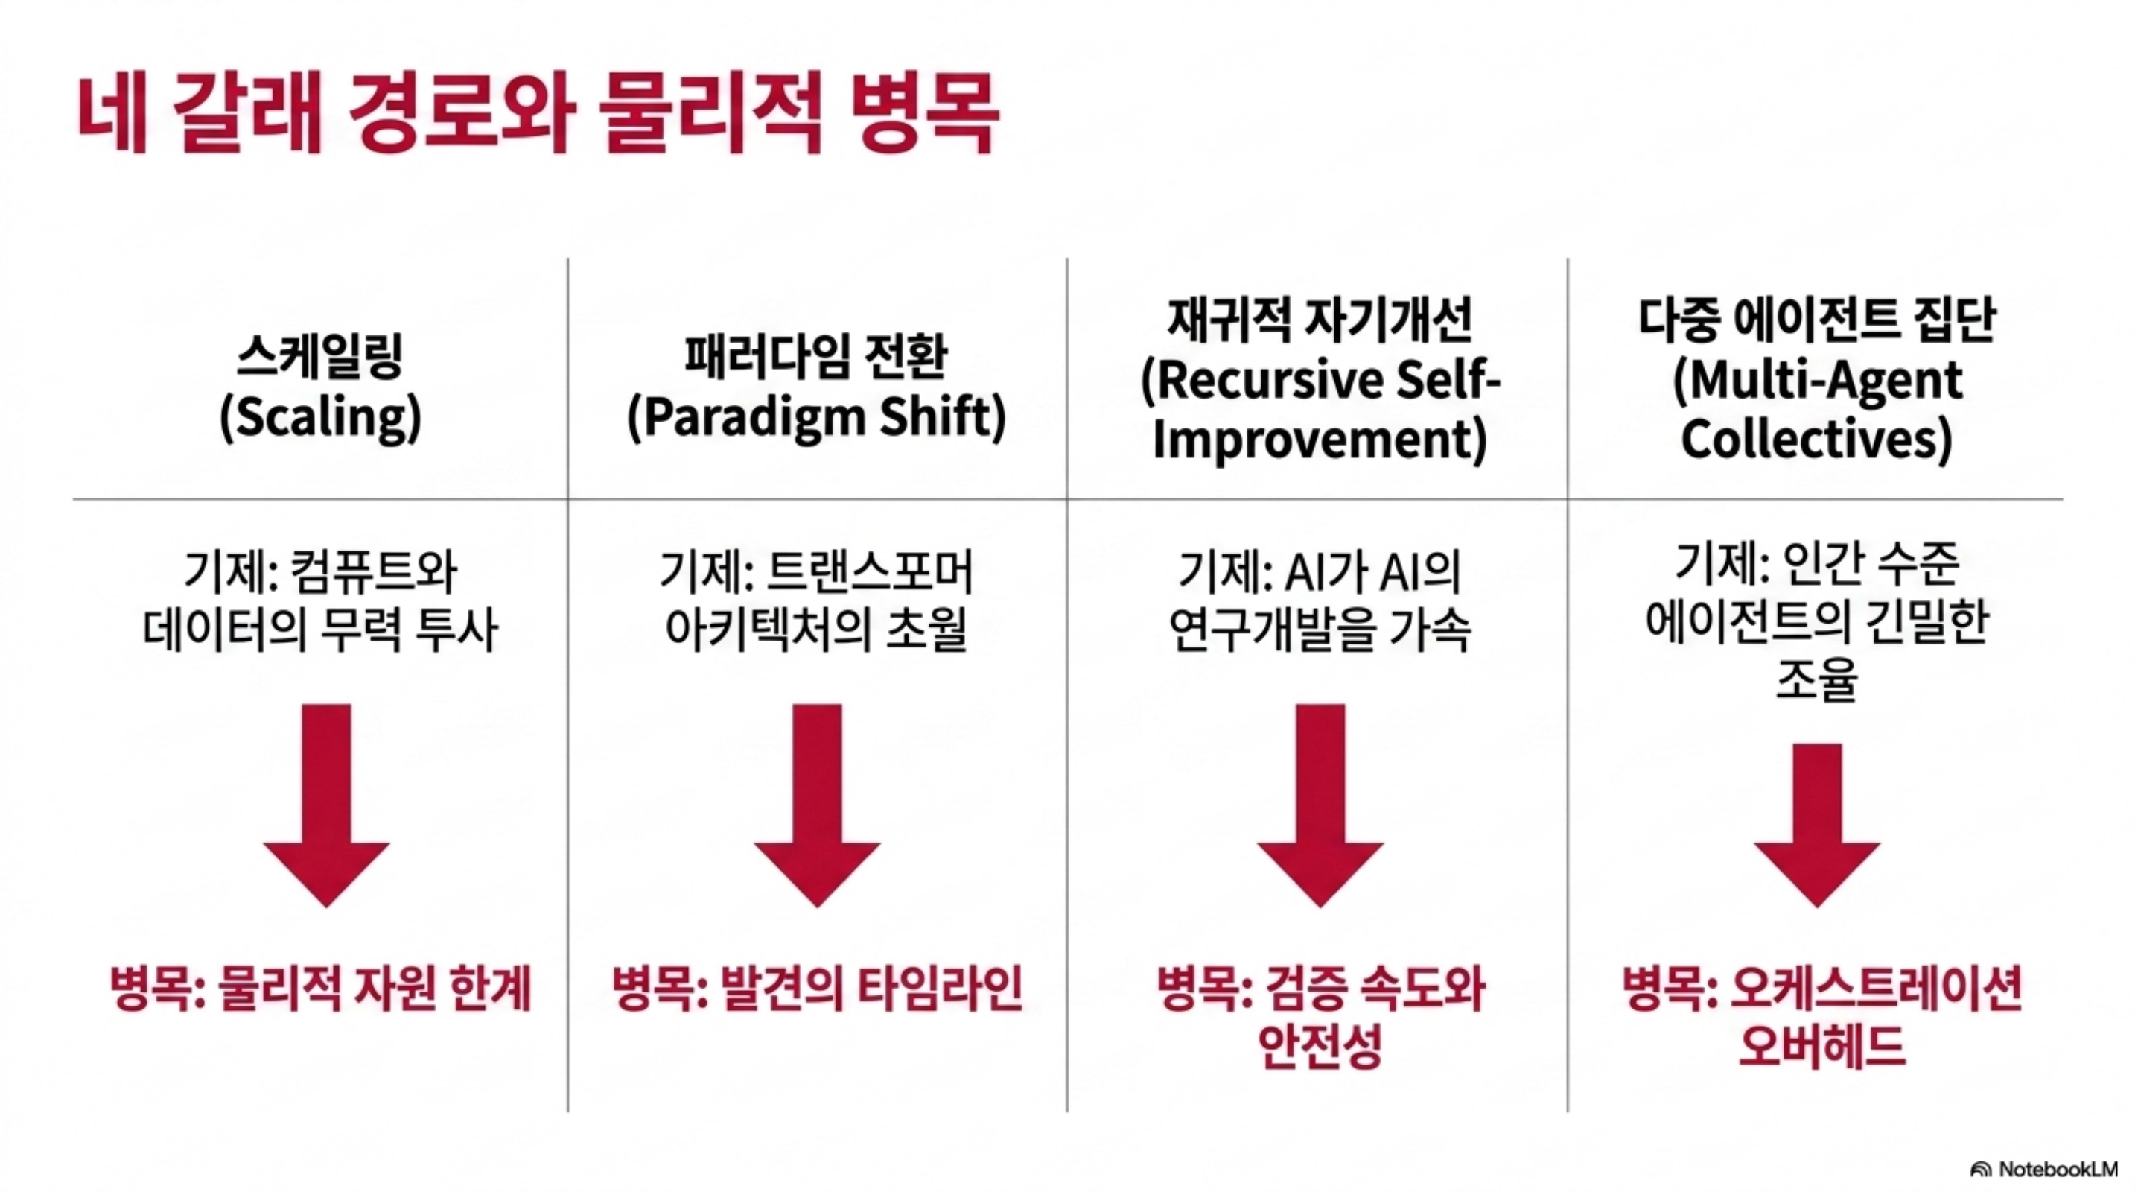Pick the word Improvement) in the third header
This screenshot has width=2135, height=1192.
pyautogui.click(x=1320, y=440)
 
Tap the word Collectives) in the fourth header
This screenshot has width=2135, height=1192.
pyautogui.click(x=1817, y=439)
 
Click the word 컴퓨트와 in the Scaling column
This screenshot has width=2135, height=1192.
pyautogui.click(x=375, y=571)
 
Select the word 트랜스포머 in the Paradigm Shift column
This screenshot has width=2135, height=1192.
pyautogui.click(x=871, y=571)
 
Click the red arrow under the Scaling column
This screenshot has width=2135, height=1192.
pyautogui.click(x=327, y=805)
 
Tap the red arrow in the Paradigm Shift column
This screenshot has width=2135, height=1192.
pyautogui.click(x=817, y=805)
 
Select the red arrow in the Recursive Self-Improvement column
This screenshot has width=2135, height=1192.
pyautogui.click(x=1320, y=805)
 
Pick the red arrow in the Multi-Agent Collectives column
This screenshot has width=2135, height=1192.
pyautogui.click(x=1818, y=825)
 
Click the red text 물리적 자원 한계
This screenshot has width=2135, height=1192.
pyautogui.click(x=375, y=989)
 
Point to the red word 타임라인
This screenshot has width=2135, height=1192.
pyautogui.click(x=940, y=989)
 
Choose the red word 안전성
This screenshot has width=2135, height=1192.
pyautogui.click(x=1320, y=1046)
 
